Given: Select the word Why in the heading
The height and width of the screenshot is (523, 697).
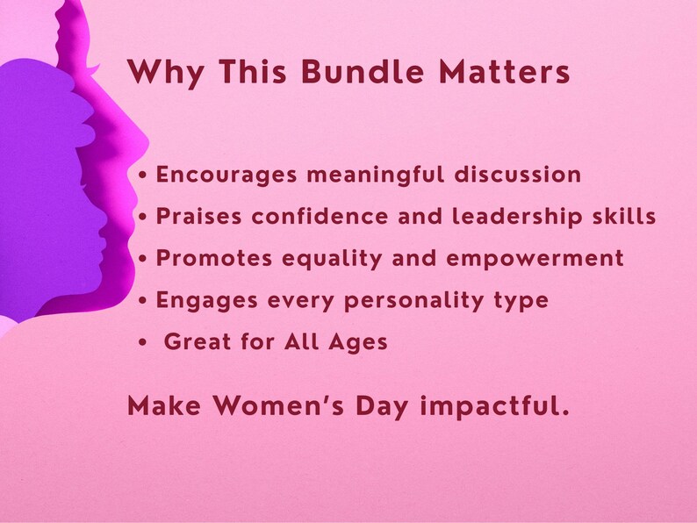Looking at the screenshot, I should point(158,72).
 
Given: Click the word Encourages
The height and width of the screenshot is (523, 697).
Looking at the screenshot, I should point(227,175).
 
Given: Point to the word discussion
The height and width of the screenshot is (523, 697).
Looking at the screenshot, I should point(517,175).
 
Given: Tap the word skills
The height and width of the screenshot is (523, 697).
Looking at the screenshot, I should point(624,217).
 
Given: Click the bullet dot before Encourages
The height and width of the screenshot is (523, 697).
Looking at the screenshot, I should point(144,176).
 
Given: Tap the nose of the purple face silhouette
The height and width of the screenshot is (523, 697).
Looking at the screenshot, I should point(108,235).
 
